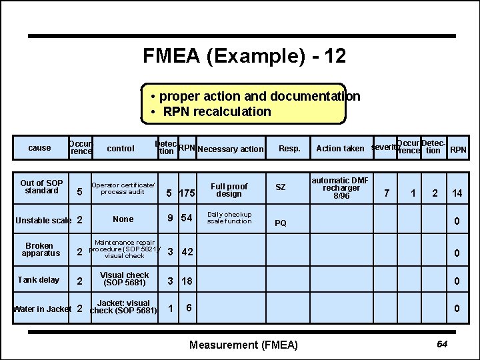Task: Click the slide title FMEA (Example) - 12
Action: pyautogui.click(x=244, y=56)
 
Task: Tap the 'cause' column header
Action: pyautogui.click(x=39, y=148)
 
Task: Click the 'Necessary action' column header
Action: pyautogui.click(x=231, y=149)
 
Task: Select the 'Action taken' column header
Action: pyautogui.click(x=340, y=149)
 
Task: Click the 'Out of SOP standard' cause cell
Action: pyautogui.click(x=41, y=187)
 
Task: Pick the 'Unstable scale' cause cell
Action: pyautogui.click(x=43, y=220)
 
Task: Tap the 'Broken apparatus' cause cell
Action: pyautogui.click(x=41, y=249)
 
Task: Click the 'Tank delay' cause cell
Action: pyautogui.click(x=39, y=280)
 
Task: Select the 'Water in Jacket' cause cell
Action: pyautogui.click(x=42, y=309)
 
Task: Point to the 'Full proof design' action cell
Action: pyautogui.click(x=229, y=190)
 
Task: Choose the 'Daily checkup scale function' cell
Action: pyautogui.click(x=229, y=218)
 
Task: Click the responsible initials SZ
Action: pyautogui.click(x=281, y=187)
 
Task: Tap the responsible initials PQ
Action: pyautogui.click(x=281, y=223)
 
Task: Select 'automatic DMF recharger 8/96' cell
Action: pyautogui.click(x=341, y=187)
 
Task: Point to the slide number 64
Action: pyautogui.click(x=441, y=343)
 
